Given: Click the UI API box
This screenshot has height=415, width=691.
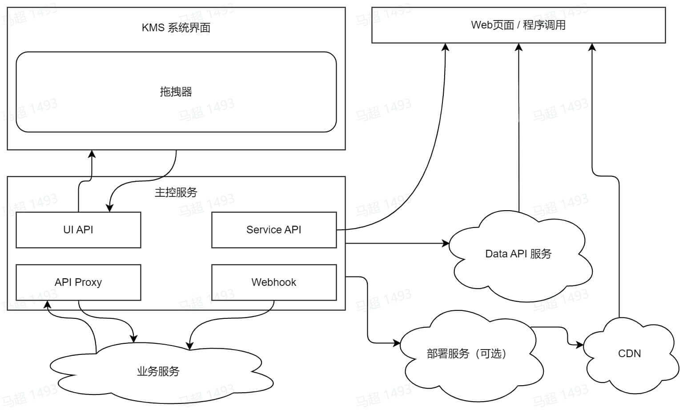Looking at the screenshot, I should (78, 230).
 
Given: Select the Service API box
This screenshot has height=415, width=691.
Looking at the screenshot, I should (274, 230).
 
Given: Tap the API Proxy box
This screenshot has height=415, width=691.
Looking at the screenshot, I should (78, 282).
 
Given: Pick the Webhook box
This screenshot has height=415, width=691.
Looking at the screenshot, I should (274, 282).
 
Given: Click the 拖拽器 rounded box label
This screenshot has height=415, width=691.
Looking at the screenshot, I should (176, 92).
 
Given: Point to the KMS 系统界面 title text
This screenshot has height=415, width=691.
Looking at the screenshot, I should (176, 28).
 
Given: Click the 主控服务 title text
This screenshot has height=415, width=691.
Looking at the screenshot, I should (176, 192).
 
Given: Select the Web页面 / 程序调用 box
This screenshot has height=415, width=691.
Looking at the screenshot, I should (518, 25).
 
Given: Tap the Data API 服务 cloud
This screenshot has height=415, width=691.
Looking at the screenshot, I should (518, 254).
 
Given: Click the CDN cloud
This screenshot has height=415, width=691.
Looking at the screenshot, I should (630, 354).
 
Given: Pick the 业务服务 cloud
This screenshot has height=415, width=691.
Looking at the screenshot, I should (158, 371).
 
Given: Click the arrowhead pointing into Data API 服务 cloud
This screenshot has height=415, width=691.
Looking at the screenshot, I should (446, 243).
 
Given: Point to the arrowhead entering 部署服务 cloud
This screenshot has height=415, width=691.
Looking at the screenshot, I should (397, 343).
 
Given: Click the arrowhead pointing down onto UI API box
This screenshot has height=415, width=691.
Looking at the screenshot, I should (109, 208).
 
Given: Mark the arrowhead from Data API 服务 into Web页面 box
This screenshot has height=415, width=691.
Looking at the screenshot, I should (518, 47).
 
